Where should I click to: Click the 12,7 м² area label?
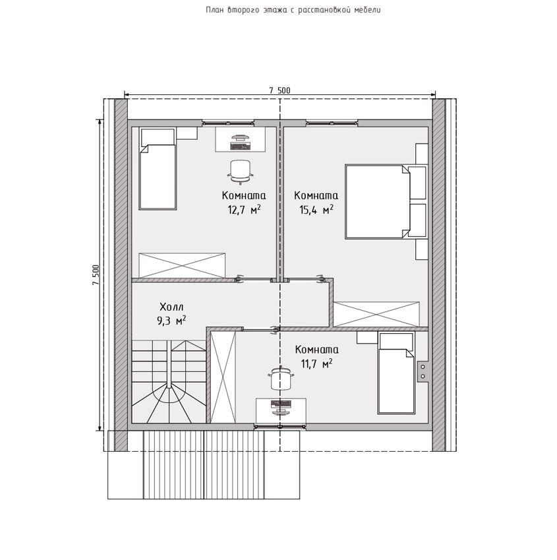(x=244, y=210)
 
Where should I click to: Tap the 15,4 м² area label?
(x=316, y=210)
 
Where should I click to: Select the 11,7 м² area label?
(x=316, y=364)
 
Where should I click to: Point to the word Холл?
(x=171, y=307)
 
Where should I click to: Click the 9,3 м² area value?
(x=171, y=321)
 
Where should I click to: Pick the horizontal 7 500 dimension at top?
(x=279, y=90)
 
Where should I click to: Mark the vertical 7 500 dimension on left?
(x=96, y=275)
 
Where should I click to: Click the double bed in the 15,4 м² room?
(x=386, y=201)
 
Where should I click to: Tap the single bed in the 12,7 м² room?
(x=158, y=169)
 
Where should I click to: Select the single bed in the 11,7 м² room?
(x=396, y=373)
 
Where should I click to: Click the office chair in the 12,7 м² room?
(x=241, y=172)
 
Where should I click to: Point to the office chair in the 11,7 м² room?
(x=281, y=379)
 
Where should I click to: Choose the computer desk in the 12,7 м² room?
(x=241, y=140)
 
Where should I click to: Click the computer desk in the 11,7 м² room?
(x=281, y=411)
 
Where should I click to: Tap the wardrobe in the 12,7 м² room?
(x=182, y=265)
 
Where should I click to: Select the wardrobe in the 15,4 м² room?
(x=376, y=314)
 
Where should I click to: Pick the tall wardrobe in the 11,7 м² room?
(x=223, y=377)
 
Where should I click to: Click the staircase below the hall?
(x=169, y=382)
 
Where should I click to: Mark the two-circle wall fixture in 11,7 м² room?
(x=423, y=371)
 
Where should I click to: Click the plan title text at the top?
(x=293, y=10)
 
